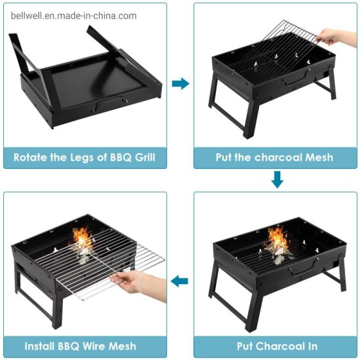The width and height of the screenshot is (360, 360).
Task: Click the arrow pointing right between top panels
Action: coord(180,83)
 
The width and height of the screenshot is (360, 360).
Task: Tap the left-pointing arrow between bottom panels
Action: coord(180,281)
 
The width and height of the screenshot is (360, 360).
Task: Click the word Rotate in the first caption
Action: coord(31,157)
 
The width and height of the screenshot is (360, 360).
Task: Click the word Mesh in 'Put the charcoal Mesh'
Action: coord(319,157)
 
